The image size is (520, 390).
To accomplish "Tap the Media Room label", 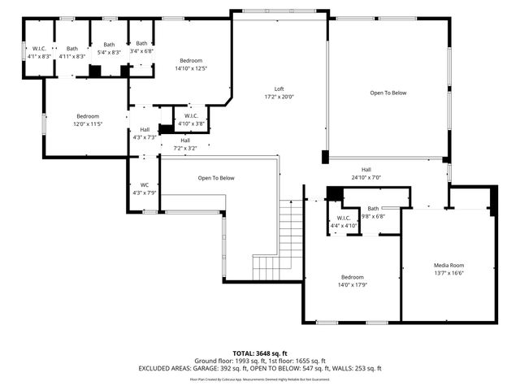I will coord(448,269).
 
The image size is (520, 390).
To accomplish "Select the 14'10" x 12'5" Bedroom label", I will coord(191,64).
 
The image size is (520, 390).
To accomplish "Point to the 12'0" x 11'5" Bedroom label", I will coord(88,120).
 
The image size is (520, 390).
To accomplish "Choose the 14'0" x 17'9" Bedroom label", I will coord(353,280).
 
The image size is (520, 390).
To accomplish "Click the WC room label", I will coord(143,188).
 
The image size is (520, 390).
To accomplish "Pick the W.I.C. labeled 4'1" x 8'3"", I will coord(39,53).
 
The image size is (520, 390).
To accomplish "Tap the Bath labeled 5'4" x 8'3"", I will coord(109,49).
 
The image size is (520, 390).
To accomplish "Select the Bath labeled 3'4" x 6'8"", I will coord(142,47).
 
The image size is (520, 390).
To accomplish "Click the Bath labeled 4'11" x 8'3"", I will coord(73,53).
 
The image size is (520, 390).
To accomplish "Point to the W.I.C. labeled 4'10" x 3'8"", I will coord(191,119).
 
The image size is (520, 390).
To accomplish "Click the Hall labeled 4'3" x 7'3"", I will coord(145,133).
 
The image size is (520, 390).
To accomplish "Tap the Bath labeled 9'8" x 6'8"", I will coord(373,213).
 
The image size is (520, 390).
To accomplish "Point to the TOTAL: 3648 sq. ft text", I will coord(259,353).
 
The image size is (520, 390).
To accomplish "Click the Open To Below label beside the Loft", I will coord(388,93).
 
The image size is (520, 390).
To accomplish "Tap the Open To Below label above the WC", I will coord(216,178).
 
